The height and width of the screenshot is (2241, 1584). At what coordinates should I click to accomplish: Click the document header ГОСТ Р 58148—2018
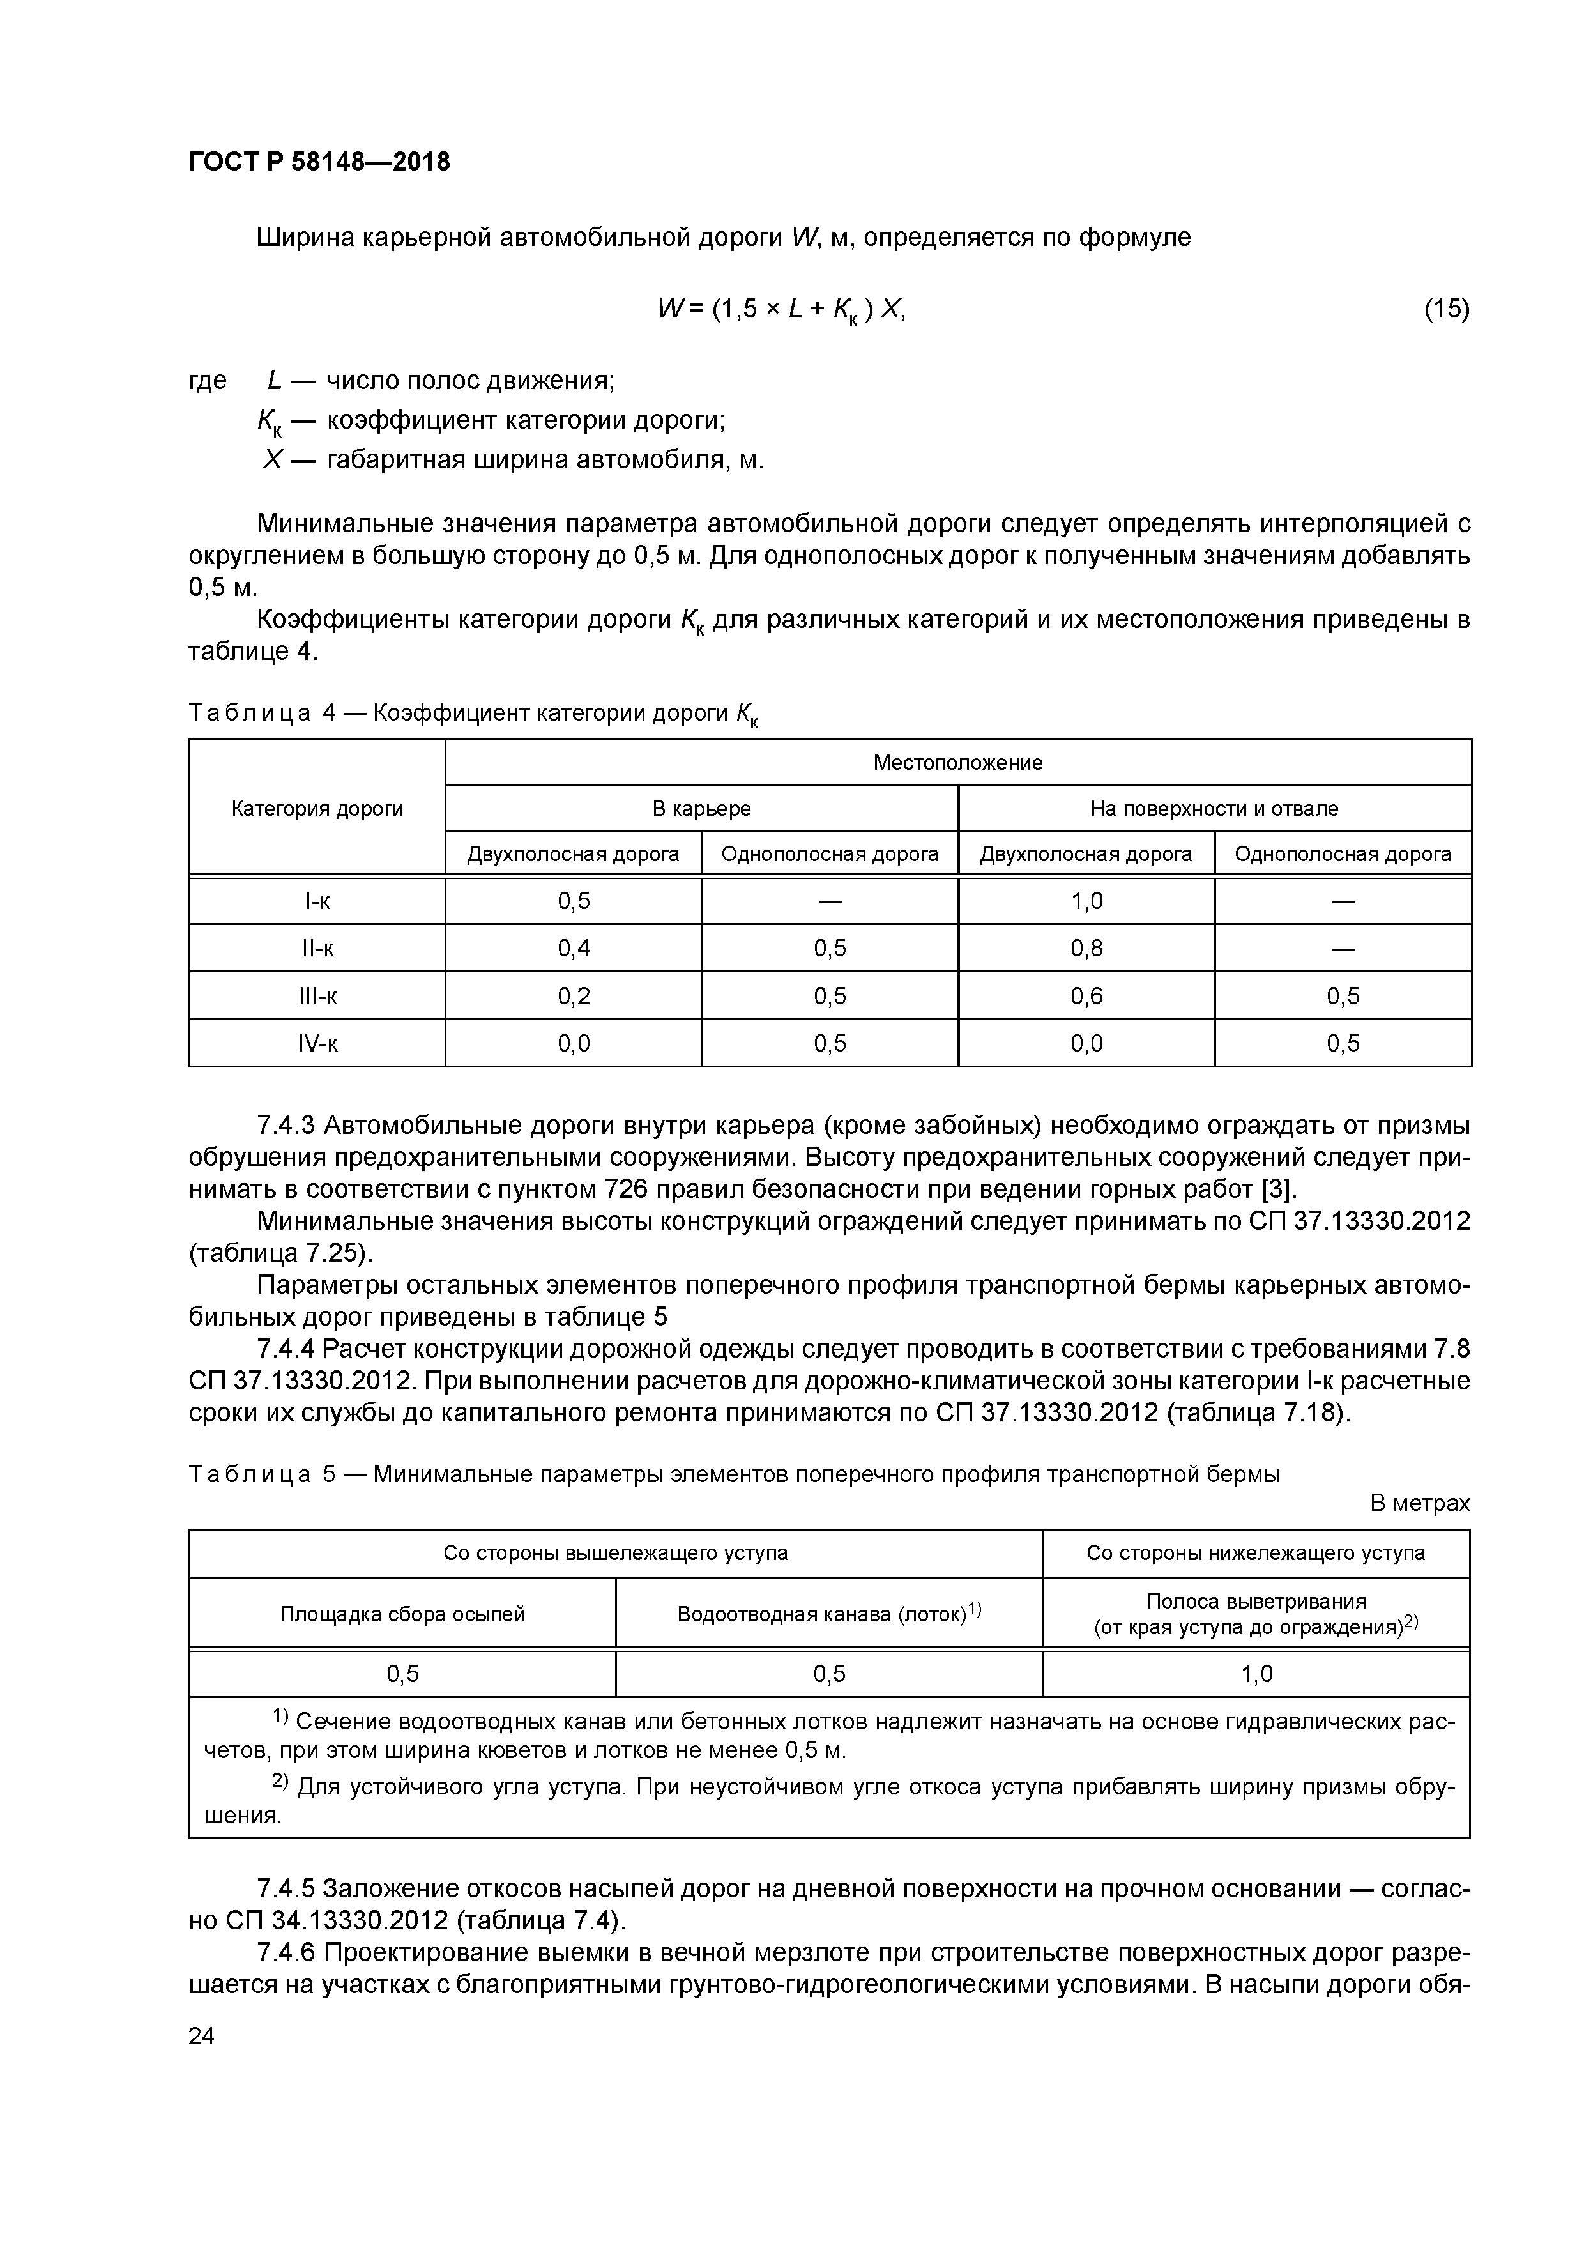(319, 162)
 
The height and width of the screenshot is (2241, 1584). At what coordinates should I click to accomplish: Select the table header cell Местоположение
(957, 762)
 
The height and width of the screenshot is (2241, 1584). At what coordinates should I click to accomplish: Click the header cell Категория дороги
(317, 808)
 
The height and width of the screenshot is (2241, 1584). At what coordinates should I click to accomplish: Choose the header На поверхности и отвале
(1214, 808)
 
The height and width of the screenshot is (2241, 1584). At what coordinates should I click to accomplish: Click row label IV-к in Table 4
(317, 1043)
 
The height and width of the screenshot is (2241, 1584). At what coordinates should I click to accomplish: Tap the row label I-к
(317, 901)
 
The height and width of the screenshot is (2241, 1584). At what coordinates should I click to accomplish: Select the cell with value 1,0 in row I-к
(1086, 901)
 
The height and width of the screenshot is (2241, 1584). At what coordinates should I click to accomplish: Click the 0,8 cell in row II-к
(1086, 948)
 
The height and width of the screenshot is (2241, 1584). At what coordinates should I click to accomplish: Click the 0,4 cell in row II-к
(574, 948)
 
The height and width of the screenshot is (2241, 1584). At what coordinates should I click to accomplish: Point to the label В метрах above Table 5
(1419, 1502)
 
